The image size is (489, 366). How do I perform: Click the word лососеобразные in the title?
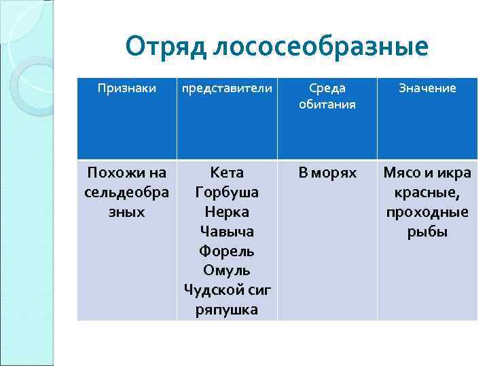click(x=321, y=47)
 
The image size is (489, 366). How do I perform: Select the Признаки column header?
click(x=126, y=88)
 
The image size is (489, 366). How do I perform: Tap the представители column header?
click(x=226, y=88)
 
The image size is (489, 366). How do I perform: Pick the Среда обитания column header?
click(x=327, y=96)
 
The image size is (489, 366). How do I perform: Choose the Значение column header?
click(x=427, y=88)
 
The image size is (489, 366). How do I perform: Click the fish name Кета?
click(x=227, y=173)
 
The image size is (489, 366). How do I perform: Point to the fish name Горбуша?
click(x=227, y=192)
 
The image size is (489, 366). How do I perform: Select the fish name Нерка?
click(x=227, y=212)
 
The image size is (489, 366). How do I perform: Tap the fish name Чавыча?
click(x=227, y=232)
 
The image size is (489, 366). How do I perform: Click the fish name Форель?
click(x=227, y=251)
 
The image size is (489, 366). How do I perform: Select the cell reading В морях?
click(x=327, y=173)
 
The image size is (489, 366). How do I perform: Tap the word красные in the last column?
click(x=427, y=192)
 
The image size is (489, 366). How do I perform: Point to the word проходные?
click(x=427, y=212)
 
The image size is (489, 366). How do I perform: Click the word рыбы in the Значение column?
click(x=427, y=232)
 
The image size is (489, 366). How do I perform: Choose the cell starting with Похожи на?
click(x=126, y=192)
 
